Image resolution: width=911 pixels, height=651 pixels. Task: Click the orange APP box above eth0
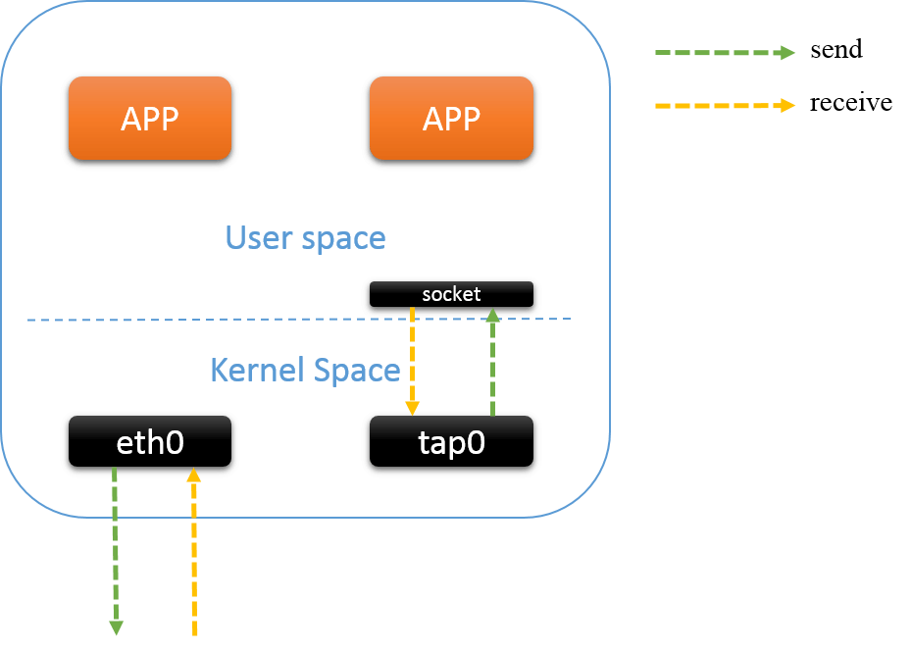tap(150, 119)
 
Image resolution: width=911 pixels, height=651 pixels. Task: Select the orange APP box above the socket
tap(451, 119)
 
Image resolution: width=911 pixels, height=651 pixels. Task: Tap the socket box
tap(451, 294)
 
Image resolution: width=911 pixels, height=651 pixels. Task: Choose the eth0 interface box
tap(150, 443)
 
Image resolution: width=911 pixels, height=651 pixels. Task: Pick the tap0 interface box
tap(451, 443)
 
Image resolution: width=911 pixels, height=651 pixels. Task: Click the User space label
tap(305, 237)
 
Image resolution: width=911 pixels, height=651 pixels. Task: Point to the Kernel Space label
tap(305, 370)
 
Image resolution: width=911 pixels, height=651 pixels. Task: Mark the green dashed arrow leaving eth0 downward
tap(115, 549)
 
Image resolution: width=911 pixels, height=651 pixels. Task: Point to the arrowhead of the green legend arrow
tap(788, 53)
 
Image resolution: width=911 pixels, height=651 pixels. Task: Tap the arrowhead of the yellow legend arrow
tap(788, 105)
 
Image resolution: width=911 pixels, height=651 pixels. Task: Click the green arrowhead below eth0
tap(116, 627)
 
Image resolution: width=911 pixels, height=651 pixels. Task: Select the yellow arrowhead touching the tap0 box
tap(413, 407)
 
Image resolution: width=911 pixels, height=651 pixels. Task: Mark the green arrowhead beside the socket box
tap(493, 315)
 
